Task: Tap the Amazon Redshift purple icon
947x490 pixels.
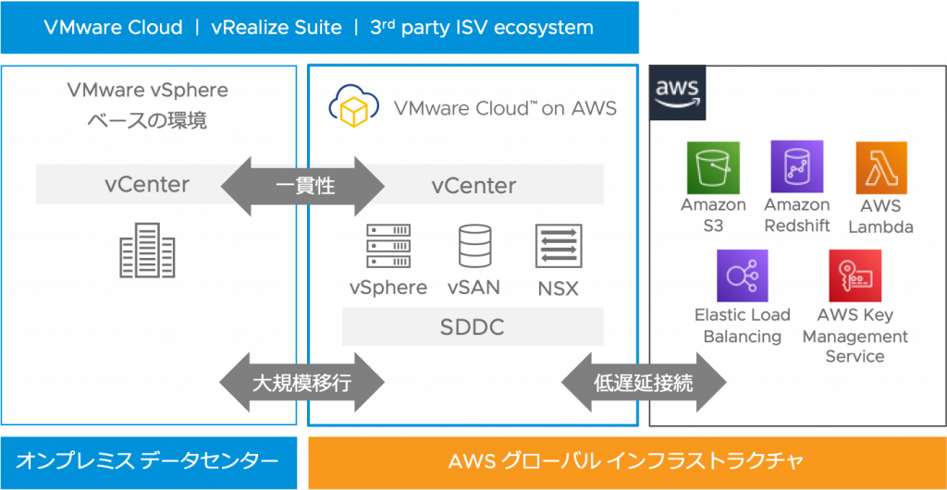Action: (796, 167)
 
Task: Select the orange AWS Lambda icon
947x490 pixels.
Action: (880, 167)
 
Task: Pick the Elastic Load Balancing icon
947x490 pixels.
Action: (743, 276)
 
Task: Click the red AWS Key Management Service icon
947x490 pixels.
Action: (855, 276)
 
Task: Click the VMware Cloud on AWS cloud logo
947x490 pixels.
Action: (353, 107)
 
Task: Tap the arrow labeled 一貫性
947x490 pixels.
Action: (303, 185)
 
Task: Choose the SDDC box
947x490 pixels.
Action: (473, 327)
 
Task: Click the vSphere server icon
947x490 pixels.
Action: (387, 247)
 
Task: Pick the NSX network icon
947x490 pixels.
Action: (558, 247)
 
